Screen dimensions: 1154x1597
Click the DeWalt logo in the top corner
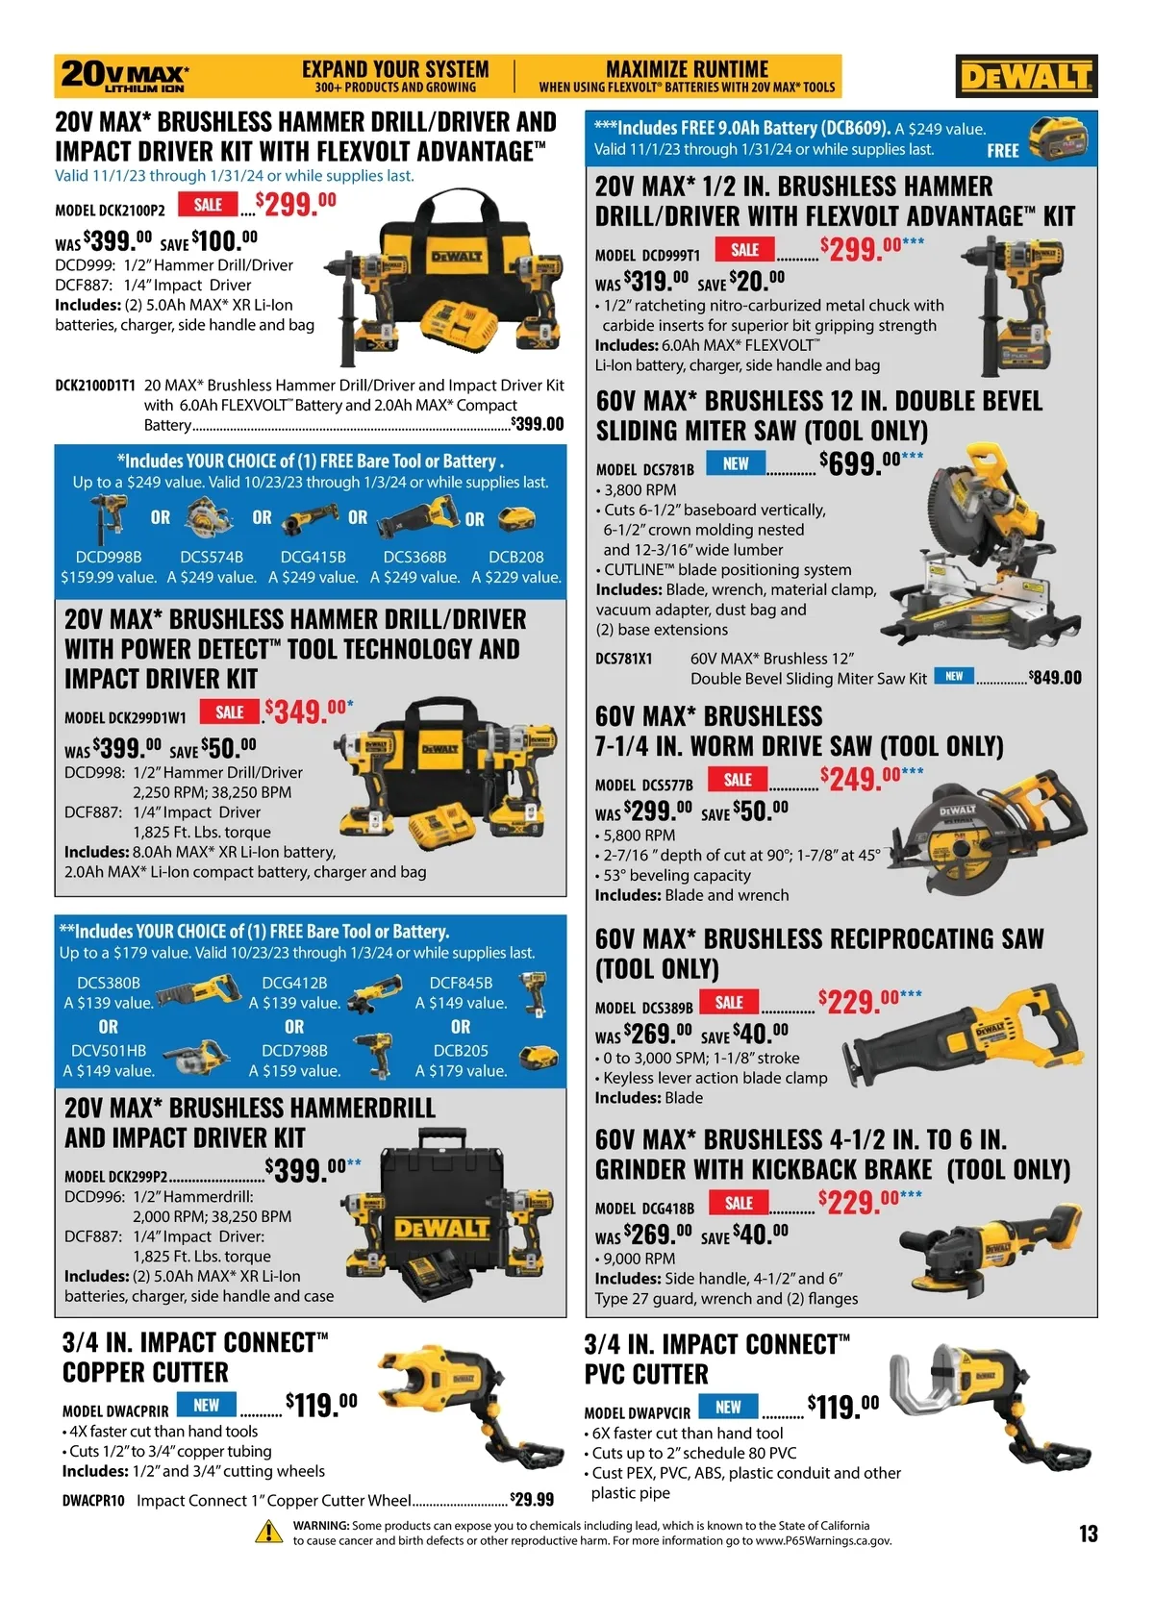coord(1026,76)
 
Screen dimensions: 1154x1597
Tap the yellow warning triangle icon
coord(269,1533)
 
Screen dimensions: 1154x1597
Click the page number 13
coord(1088,1534)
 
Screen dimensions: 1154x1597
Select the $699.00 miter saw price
coord(870,462)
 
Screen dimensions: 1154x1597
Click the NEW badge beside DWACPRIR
coord(206,1405)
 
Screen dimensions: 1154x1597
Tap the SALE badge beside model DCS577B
coord(738,779)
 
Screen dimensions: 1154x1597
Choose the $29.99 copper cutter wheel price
coord(532,1499)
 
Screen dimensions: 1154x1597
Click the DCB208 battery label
coord(515,557)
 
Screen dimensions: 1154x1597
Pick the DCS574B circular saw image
coord(209,519)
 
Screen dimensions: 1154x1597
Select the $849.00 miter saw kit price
coord(1055,677)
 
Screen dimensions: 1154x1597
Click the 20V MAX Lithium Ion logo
coord(125,76)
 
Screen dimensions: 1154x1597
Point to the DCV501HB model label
coord(109,1050)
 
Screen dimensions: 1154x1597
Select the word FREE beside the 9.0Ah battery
coord(1003,150)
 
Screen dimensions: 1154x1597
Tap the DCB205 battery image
coord(539,1058)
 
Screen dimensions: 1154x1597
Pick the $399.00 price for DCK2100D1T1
coord(537,424)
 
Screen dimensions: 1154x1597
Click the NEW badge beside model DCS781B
coord(736,463)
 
